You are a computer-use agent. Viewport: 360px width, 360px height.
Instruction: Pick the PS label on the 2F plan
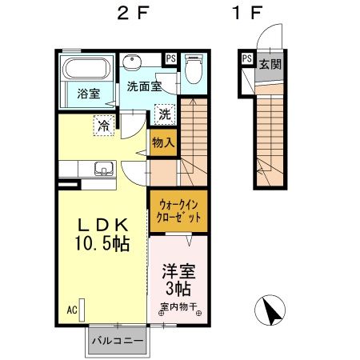[x=170, y=58]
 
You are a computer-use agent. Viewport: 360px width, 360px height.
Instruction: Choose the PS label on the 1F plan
[x=246, y=58]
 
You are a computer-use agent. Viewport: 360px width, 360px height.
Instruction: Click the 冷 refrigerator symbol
[x=102, y=124]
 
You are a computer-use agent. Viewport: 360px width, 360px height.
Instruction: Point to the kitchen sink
[x=102, y=169]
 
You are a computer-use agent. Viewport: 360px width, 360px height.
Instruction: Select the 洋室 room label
[x=178, y=272]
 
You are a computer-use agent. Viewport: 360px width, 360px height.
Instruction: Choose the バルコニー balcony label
[x=118, y=341]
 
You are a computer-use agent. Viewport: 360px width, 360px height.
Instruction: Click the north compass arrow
[x=273, y=310]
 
